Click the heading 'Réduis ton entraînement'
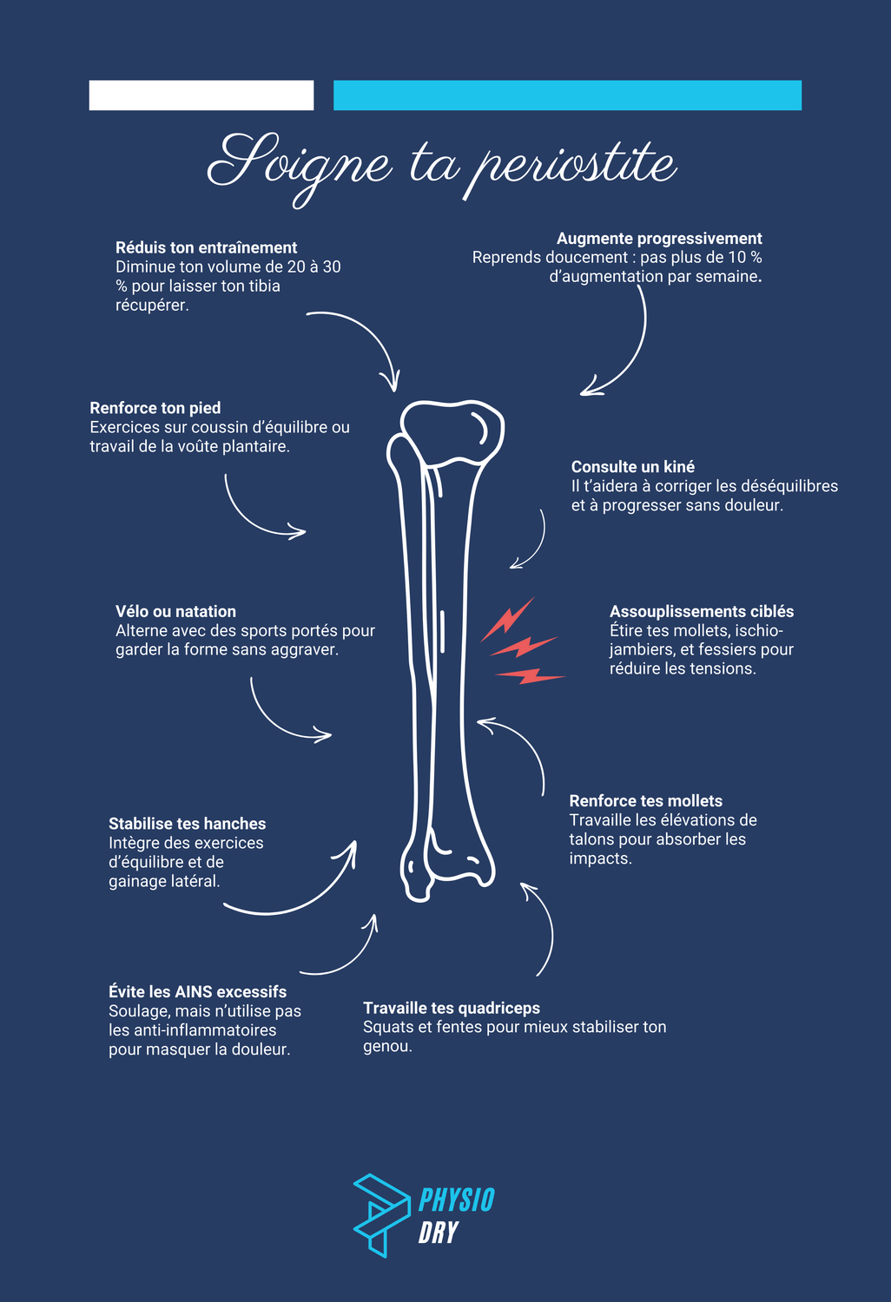click(x=206, y=247)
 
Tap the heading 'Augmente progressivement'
click(x=659, y=239)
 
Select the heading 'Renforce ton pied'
click(x=155, y=408)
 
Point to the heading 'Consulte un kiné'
click(x=633, y=467)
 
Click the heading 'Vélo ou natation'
click(x=175, y=612)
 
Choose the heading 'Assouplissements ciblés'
click(x=702, y=612)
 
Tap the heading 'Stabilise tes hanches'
click(x=187, y=824)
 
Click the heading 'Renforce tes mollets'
click(x=646, y=801)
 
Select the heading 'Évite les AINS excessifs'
click(x=197, y=992)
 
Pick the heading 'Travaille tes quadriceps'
click(x=452, y=1008)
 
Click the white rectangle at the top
click(x=201, y=95)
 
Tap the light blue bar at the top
click(x=567, y=95)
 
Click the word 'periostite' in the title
click(x=571, y=165)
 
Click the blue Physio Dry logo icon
click(x=379, y=1213)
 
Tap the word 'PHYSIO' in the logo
click(x=456, y=1200)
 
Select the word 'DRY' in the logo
click(x=438, y=1233)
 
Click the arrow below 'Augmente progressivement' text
click(x=622, y=347)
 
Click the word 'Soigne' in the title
click(x=300, y=165)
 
